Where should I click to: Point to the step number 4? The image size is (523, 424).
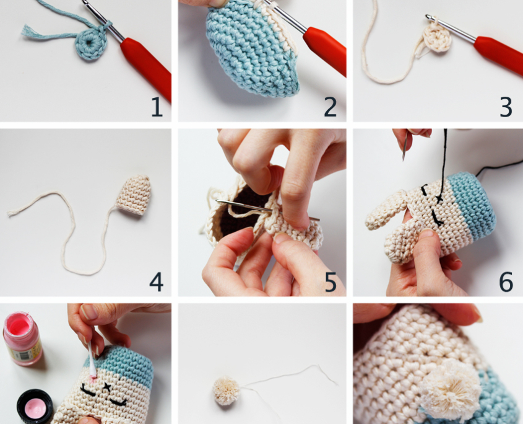156,282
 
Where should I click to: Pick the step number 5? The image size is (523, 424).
331,282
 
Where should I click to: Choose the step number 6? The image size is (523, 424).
506,282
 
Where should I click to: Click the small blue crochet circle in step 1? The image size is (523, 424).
91,43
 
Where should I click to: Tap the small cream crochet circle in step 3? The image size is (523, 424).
437,40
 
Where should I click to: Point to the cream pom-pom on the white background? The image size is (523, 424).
227,391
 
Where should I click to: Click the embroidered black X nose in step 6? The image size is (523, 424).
439,199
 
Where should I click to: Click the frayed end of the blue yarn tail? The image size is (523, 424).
26,31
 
